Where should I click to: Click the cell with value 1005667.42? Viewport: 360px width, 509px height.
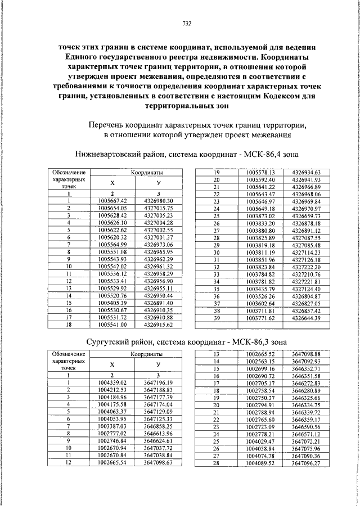tap(112, 201)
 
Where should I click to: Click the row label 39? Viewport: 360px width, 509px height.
tap(215, 318)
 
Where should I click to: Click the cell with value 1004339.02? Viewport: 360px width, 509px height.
tap(112, 382)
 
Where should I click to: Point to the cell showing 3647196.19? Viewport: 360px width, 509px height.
tap(158, 382)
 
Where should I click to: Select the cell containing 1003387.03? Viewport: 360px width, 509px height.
tap(112, 426)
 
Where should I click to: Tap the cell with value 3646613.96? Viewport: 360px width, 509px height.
tap(158, 433)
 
